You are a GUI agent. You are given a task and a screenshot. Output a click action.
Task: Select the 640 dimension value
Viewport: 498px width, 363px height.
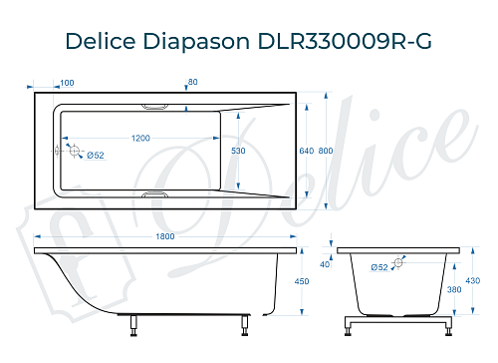coord(306,150)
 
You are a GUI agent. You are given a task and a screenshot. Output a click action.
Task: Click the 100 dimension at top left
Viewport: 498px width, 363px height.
coord(67,83)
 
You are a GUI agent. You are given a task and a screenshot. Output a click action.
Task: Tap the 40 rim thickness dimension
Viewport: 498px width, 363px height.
coord(324,264)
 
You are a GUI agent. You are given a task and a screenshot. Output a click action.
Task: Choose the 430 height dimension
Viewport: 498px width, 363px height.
coord(482,281)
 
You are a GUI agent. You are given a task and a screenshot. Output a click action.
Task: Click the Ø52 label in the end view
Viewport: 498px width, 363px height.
coord(378,267)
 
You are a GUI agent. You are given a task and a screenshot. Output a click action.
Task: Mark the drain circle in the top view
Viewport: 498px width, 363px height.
coord(72,150)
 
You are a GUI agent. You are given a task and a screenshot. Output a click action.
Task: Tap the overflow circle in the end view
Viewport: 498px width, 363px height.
coord(398,263)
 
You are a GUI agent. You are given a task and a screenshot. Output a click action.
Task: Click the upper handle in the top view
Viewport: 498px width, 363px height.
coord(157,105)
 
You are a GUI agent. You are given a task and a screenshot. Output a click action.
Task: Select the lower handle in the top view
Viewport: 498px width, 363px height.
coord(157,194)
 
